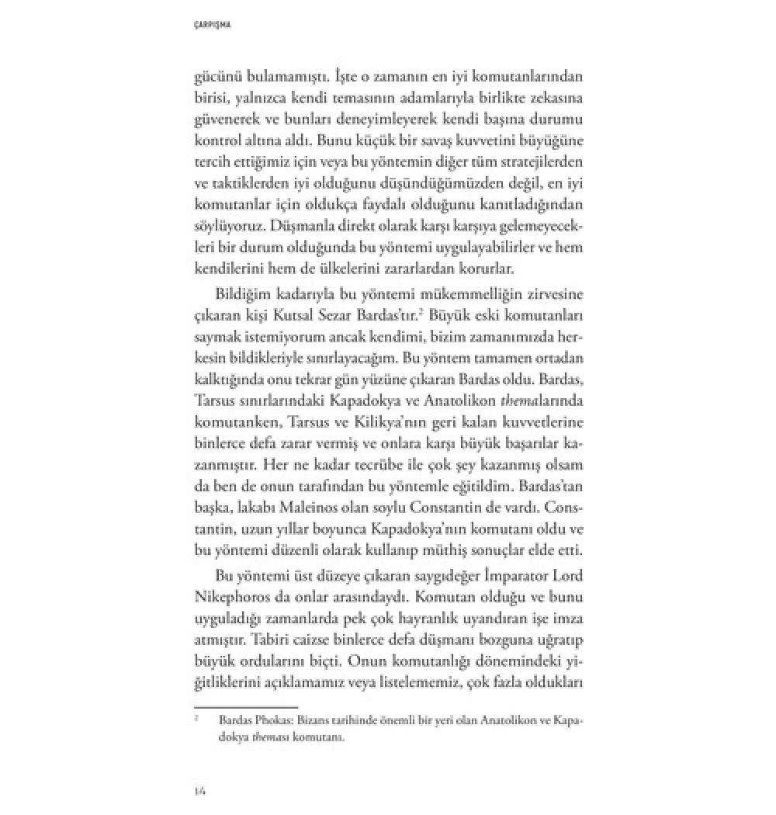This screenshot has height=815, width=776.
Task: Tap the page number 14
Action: click(x=199, y=789)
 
